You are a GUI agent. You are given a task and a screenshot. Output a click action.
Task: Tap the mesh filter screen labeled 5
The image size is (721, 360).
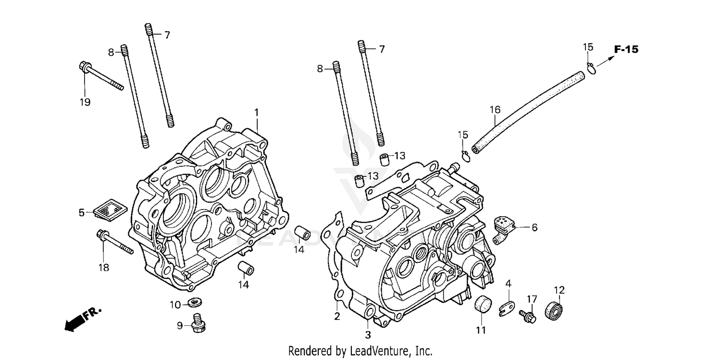point(109,210)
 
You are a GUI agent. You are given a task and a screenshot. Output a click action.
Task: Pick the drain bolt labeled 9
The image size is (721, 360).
point(197,323)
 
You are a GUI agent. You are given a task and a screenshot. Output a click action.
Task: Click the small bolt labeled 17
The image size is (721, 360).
point(527,316)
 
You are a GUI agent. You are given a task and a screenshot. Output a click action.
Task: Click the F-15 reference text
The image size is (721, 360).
point(626,50)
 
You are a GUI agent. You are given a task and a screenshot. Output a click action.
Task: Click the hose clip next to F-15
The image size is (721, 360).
point(591,68)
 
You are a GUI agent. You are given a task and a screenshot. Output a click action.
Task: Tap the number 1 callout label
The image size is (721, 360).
point(257,112)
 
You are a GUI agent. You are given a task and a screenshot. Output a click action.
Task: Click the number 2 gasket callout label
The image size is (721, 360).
point(337,316)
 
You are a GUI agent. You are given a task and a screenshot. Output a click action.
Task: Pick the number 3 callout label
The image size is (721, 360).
point(368,335)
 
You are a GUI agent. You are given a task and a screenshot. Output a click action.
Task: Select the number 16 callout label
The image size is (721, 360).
point(495,110)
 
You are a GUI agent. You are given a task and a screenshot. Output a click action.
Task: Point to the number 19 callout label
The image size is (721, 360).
point(85,102)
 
